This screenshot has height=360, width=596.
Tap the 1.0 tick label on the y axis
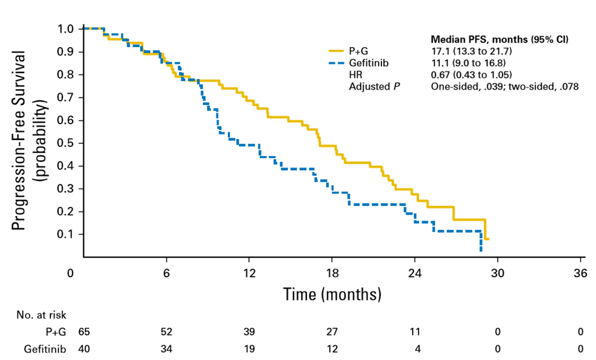point(66,29)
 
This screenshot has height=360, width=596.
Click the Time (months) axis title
point(332,294)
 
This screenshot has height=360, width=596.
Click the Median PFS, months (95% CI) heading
point(500,40)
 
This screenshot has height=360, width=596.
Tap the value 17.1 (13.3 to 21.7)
point(472,51)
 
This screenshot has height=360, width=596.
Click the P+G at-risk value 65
point(83,331)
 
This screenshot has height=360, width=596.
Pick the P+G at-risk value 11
point(415,331)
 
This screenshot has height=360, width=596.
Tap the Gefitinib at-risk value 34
point(166,349)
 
